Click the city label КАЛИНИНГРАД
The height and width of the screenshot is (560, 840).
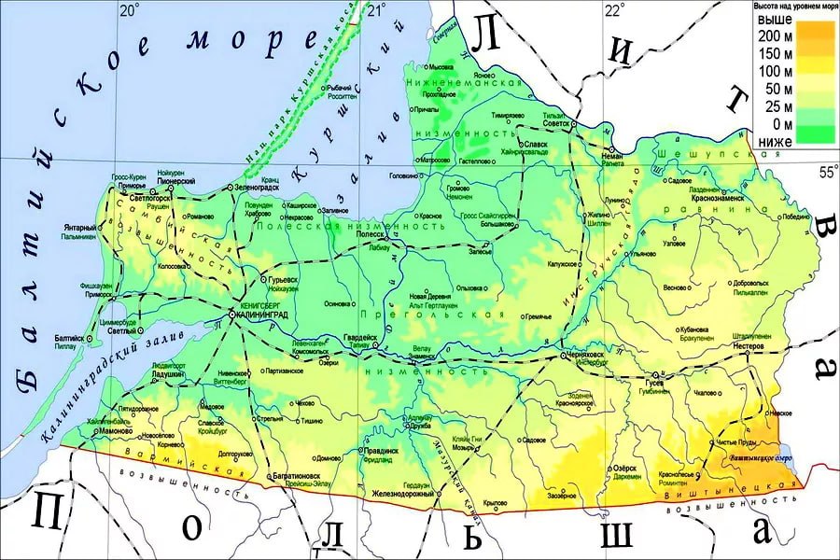(268, 315)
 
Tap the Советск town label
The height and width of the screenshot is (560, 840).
(556, 124)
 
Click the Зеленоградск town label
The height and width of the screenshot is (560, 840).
(263, 188)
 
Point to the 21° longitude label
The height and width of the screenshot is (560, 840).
(377, 10)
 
